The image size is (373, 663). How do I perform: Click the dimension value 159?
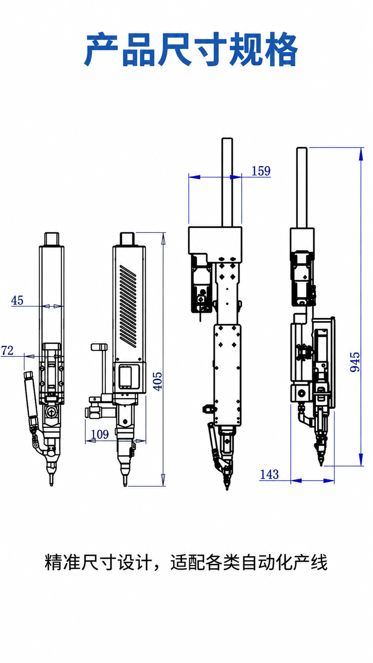[261, 171]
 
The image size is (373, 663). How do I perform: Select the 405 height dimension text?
[157, 381]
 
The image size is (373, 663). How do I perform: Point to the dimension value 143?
[269, 474]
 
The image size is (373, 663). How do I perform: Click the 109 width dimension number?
[100, 434]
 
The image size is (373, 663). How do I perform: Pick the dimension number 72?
[7, 350]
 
